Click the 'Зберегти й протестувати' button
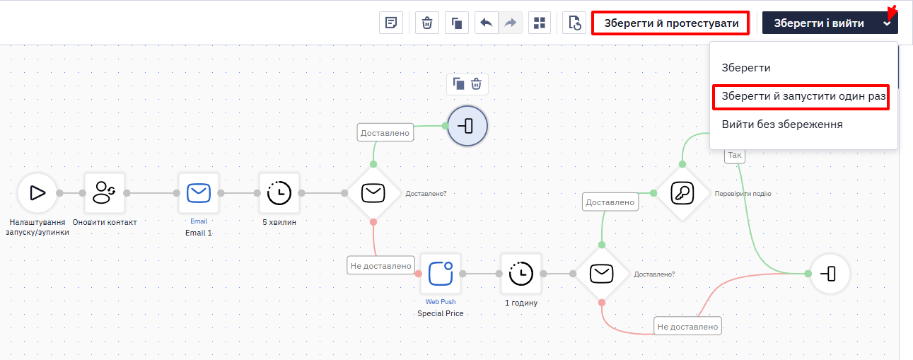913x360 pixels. coord(670,23)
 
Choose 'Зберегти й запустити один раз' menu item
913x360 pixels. coord(801,97)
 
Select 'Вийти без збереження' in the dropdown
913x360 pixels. coord(781,124)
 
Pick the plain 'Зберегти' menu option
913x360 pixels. coord(746,68)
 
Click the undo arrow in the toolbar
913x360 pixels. coord(486,23)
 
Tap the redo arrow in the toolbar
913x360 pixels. coord(511,23)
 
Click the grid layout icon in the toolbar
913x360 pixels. coord(539,23)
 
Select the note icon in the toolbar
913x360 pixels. coord(391,23)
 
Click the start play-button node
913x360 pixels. coord(37,193)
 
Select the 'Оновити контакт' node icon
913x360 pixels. coord(105,193)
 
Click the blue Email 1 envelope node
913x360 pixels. coord(199,193)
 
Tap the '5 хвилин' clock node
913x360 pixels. coord(279,193)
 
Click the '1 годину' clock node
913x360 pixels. coord(521,274)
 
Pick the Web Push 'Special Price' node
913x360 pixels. coord(441,274)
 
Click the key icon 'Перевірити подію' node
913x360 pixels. coord(682,193)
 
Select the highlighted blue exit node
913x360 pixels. coord(467,126)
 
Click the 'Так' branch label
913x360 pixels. coord(735,155)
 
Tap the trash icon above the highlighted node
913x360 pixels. coord(476,84)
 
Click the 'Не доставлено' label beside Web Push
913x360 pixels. coord(380,266)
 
